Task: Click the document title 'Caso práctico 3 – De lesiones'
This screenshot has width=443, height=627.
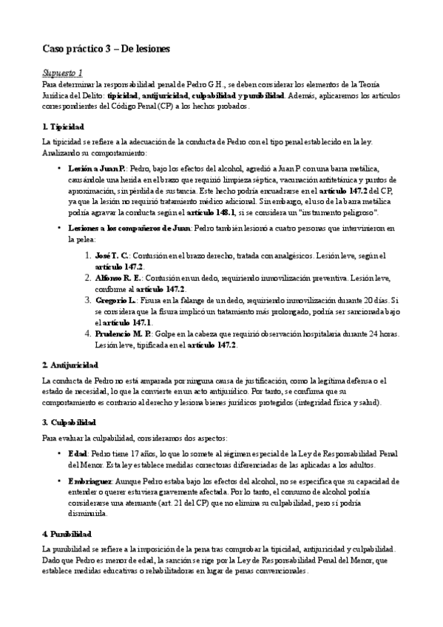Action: (x=106, y=50)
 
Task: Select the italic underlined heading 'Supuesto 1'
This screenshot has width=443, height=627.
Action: (x=62, y=73)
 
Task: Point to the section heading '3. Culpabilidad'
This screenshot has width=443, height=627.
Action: (x=70, y=421)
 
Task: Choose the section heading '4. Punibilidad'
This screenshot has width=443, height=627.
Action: (x=67, y=533)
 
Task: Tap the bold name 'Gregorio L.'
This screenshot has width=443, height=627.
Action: (x=115, y=300)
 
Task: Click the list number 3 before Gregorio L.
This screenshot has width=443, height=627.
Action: (x=87, y=300)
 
